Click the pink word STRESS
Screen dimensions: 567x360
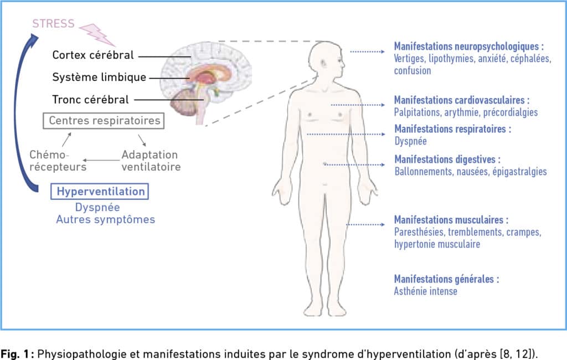click(x=53, y=23)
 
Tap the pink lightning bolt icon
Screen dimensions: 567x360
click(x=97, y=34)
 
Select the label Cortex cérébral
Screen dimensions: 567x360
click(x=93, y=55)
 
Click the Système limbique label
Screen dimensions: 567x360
click(x=99, y=77)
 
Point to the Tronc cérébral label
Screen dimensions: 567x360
click(x=90, y=100)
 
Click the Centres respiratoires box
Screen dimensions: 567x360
click(x=104, y=121)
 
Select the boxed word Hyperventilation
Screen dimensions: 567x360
click(x=100, y=192)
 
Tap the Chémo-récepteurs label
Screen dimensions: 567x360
click(x=58, y=161)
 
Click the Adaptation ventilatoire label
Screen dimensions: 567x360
click(x=151, y=161)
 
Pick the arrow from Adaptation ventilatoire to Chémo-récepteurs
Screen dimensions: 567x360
click(x=101, y=160)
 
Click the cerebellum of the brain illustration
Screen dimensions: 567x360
click(x=184, y=102)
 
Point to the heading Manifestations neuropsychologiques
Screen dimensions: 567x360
click(x=468, y=47)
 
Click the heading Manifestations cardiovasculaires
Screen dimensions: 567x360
click(x=462, y=100)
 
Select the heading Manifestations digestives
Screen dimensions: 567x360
click(x=447, y=159)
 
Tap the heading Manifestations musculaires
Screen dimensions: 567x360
click(x=451, y=220)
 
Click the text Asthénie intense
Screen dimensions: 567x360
click(x=426, y=291)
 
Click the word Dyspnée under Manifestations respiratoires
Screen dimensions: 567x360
click(x=410, y=141)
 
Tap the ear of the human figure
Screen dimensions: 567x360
click(x=323, y=64)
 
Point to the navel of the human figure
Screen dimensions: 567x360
click(x=324, y=164)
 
